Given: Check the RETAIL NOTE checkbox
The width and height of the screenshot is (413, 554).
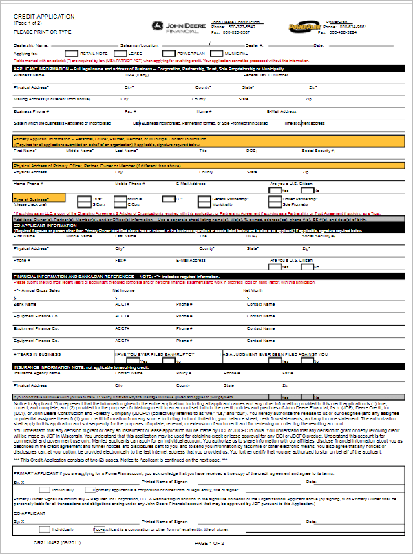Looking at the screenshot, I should coord(71,53).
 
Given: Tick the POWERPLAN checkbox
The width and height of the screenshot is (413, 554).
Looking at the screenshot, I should coord(168,53).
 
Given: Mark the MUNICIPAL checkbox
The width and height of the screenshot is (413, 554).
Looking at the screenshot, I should coord(217,53).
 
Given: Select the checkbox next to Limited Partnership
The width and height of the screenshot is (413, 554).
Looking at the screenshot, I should coord(275,199).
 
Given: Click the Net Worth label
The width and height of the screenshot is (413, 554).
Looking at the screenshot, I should coord(253,290).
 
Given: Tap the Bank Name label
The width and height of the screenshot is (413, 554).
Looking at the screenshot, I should coord(25,303).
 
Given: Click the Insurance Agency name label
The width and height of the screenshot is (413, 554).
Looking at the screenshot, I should coord(33,373).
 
